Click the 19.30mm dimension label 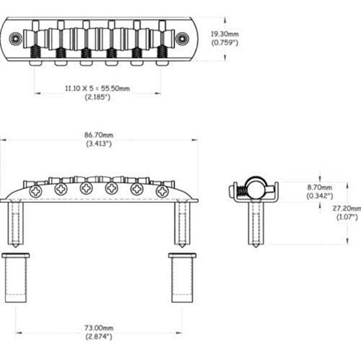(225, 34)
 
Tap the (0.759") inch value (225, 43)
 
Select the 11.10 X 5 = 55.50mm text (97, 88)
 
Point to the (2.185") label (98, 97)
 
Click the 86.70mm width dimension (99, 135)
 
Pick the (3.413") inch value (99, 143)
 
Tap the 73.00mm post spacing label (99, 328)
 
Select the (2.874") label (99, 337)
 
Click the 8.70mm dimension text (320, 187)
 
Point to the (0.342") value (320, 196)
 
